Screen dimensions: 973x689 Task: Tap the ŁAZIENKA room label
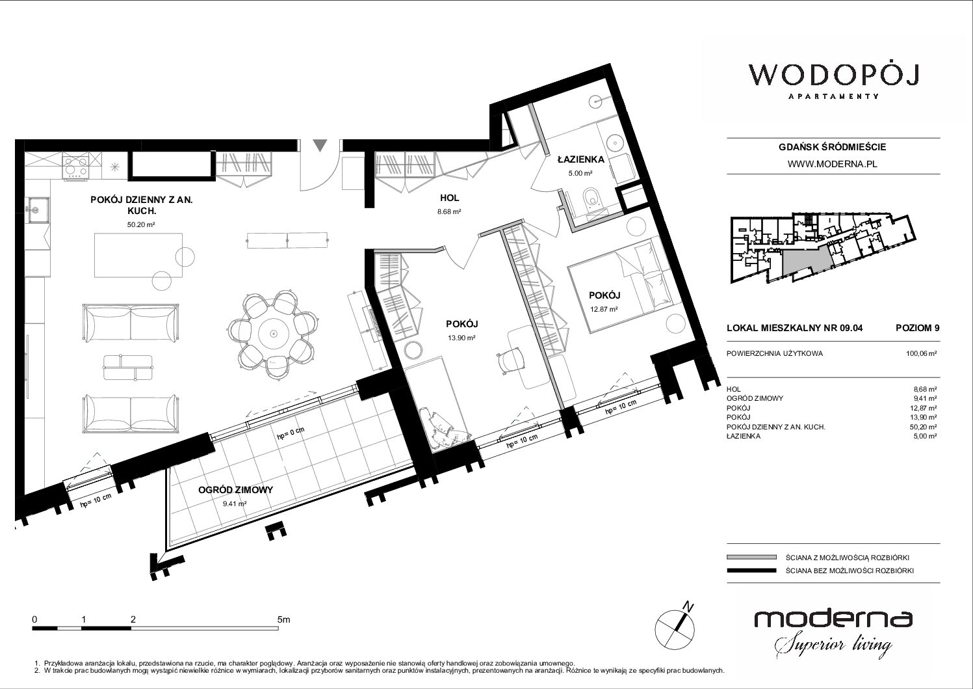(581, 159)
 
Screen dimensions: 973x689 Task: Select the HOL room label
(449, 198)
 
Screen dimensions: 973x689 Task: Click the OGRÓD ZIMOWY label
(235, 490)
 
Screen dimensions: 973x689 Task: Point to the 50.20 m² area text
(141, 224)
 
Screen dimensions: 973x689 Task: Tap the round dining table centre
(273, 334)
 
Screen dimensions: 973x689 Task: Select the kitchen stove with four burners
(76, 166)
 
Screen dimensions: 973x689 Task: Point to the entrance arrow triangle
(320, 145)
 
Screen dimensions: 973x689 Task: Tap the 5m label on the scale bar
(283, 619)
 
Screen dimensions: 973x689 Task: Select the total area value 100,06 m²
(921, 353)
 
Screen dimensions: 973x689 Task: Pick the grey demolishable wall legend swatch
(751, 557)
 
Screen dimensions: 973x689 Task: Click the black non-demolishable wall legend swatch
(751, 571)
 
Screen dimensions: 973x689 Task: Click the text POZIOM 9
(917, 328)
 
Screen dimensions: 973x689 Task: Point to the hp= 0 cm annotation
(291, 433)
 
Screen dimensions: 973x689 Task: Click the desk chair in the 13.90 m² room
(510, 360)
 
